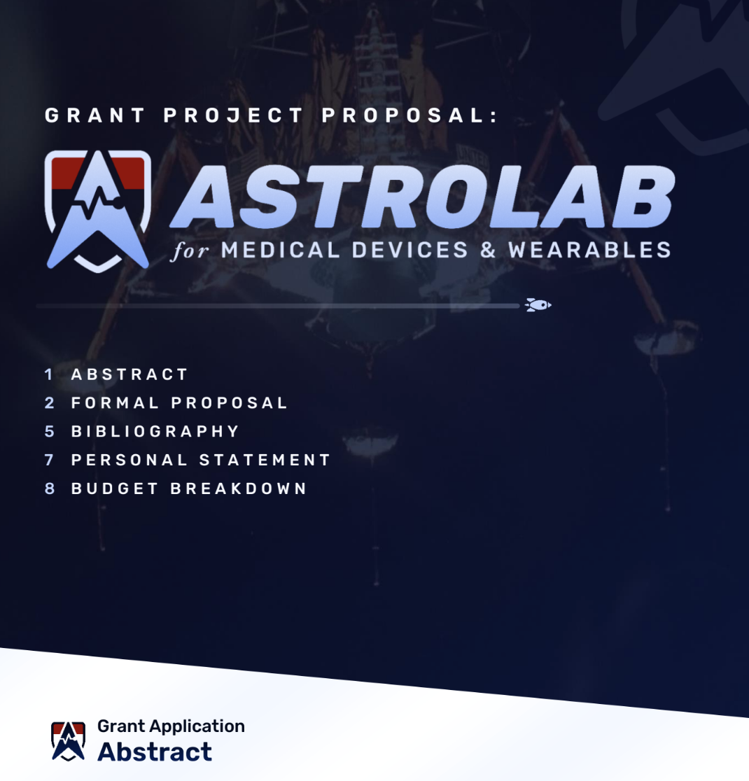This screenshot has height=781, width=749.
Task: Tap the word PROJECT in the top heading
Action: [234, 115]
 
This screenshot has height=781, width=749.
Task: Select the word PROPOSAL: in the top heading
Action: [410, 115]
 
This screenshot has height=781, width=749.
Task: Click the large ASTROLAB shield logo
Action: [97, 210]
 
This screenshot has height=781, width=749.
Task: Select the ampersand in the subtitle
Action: [488, 250]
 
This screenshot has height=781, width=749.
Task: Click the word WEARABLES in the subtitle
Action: [589, 250]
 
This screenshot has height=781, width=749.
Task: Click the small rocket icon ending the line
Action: [538, 304]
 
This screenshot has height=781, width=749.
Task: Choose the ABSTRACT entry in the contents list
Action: [130, 374]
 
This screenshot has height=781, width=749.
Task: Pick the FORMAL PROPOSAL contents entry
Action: [180, 403]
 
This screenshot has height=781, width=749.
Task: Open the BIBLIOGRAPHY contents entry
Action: [155, 431]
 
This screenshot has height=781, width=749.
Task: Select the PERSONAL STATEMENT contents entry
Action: [201, 460]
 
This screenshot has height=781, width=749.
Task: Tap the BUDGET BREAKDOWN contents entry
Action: [189, 488]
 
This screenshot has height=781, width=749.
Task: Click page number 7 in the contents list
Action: [49, 460]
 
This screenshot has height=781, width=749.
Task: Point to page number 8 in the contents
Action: [49, 488]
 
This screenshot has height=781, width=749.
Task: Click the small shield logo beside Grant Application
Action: [69, 741]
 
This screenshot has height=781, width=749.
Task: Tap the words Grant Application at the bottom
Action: [171, 726]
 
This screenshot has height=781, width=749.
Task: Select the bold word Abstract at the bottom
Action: [155, 752]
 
